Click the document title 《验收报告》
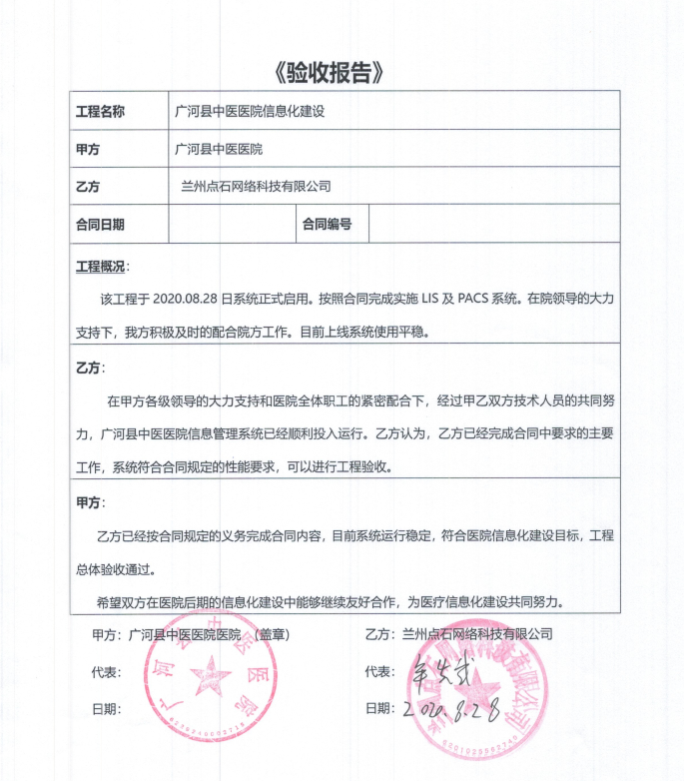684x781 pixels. (328, 72)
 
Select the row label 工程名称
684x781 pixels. (101, 112)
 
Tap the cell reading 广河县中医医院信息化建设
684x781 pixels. (250, 112)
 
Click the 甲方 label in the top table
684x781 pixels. (89, 149)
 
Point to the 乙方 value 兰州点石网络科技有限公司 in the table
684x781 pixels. (256, 186)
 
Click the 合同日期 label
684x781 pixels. (101, 224)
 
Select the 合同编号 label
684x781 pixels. (328, 224)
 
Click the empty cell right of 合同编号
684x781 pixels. (493, 224)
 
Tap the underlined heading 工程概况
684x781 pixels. (101, 268)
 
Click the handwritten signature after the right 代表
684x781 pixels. (440, 671)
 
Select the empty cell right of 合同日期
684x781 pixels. (232, 224)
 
